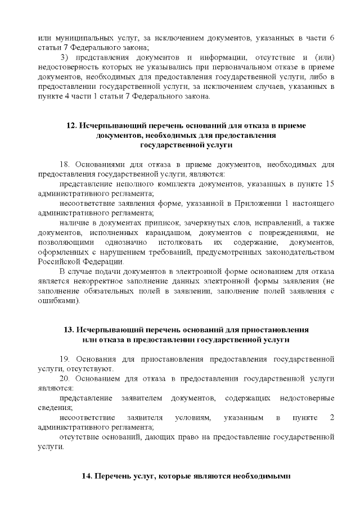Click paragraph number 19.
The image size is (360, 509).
(64, 359)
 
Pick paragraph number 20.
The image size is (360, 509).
(64, 379)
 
